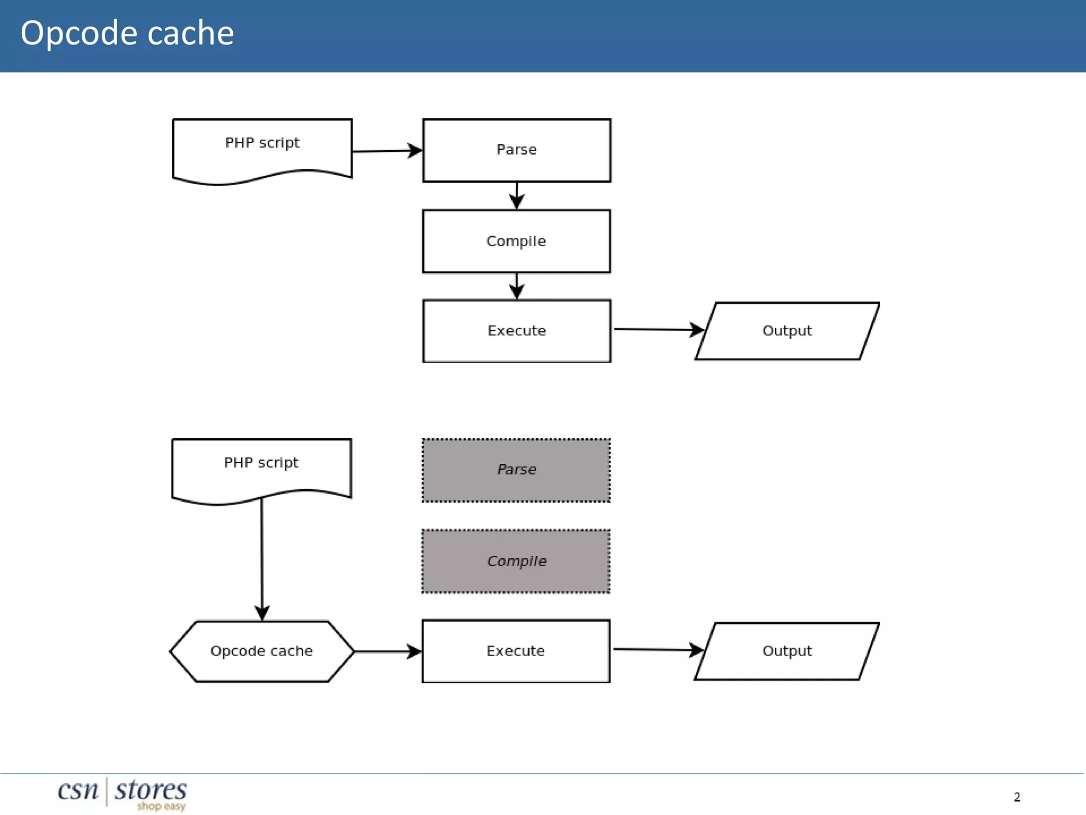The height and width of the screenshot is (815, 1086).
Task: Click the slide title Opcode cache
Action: coord(127,33)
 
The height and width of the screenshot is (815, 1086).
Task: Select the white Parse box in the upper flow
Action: coord(516,150)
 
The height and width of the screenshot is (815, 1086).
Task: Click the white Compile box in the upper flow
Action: coord(516,241)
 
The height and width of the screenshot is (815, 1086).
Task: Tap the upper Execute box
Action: coord(516,331)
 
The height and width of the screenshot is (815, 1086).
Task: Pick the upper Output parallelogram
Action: coord(787,331)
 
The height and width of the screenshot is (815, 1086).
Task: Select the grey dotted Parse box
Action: coord(516,470)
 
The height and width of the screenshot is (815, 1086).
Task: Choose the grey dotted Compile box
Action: coord(516,561)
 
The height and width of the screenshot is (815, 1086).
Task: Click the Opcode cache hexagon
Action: coord(262,651)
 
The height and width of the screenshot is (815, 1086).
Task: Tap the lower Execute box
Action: coord(516,651)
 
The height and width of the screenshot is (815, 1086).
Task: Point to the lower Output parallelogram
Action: coord(787,651)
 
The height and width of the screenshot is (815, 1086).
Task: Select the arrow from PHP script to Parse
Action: coord(387,151)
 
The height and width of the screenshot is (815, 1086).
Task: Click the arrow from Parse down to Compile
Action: coord(517,196)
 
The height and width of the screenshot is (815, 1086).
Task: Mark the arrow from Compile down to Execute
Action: coord(517,287)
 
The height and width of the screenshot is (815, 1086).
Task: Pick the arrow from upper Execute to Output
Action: coord(658,330)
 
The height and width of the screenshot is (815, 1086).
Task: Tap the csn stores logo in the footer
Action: coord(122,792)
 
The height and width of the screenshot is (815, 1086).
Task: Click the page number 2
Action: coord(1017,797)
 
